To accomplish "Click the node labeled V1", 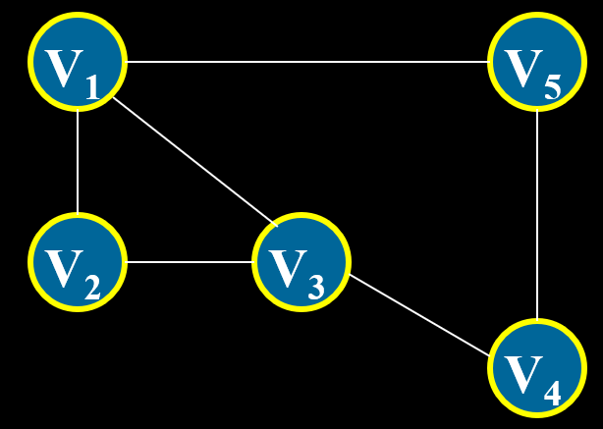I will point(78,62).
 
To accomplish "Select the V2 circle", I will point(78,262).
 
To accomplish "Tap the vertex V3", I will point(301,262).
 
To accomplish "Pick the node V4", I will point(536,368).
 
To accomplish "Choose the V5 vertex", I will point(536,62).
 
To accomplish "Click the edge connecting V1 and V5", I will point(306,62).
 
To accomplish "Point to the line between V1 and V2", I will point(78,162).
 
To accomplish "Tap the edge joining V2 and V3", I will point(190,262).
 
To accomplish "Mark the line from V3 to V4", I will point(419,314).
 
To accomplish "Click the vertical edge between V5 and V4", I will point(536,215).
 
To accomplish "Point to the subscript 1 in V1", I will point(91,90).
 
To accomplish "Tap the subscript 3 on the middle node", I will point(315,289).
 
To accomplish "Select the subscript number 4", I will point(552,394).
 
